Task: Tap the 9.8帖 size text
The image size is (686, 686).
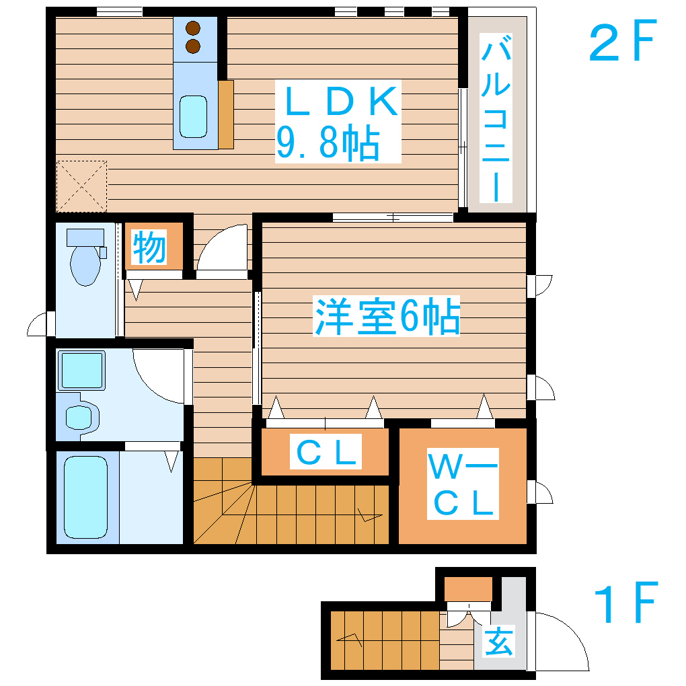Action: (x=328, y=143)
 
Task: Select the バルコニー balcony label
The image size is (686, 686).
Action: (x=496, y=121)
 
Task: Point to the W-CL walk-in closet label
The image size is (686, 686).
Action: (x=463, y=484)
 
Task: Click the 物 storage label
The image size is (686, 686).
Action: (x=149, y=247)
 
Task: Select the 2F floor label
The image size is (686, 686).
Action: (x=621, y=44)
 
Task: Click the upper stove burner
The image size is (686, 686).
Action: (x=194, y=29)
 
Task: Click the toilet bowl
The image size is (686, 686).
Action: (x=85, y=264)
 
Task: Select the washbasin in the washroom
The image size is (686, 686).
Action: (x=79, y=418)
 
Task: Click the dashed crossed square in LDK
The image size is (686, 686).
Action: (x=81, y=186)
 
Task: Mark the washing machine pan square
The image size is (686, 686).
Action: (x=82, y=371)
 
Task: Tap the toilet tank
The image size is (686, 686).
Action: (x=85, y=237)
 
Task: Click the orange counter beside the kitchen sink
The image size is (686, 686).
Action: (x=226, y=114)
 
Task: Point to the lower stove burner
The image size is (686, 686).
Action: (x=194, y=46)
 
